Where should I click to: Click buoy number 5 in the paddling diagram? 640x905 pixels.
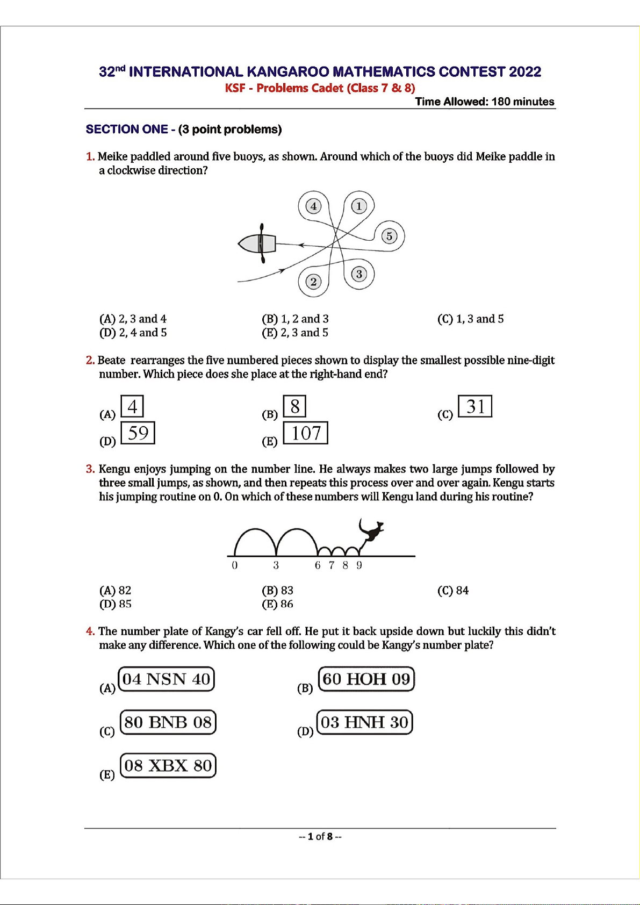390,236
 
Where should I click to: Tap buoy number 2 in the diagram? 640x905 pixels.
313,282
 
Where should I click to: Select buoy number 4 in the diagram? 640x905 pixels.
313,206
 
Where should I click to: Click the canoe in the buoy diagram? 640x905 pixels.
257,243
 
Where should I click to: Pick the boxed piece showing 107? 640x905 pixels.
306,433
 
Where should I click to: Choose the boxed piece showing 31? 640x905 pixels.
475,406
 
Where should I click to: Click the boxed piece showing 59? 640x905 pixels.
138,433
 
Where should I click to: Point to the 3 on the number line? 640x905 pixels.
276,565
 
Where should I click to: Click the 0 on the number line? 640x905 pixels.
234,565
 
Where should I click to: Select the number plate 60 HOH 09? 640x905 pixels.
366,679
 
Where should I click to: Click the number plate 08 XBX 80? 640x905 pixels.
168,766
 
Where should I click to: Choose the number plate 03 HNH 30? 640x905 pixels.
365,722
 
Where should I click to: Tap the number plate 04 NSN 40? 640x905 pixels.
166,679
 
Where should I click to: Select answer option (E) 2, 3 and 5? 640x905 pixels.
295,333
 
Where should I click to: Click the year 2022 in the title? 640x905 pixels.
524,72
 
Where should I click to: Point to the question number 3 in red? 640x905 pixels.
90,469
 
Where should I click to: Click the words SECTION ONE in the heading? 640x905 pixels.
127,130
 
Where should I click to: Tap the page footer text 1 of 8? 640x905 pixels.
320,836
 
